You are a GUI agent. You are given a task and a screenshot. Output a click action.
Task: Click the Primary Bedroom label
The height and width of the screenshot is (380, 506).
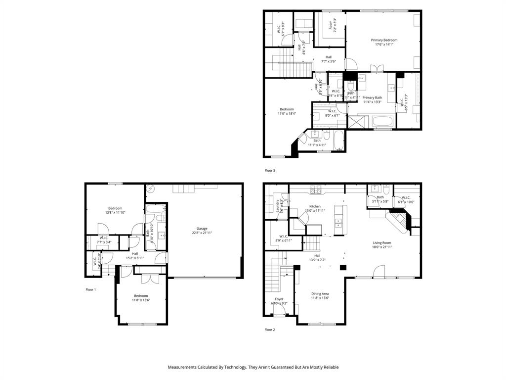coord(384,41)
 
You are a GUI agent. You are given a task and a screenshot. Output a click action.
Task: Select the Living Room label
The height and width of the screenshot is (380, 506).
coord(382,243)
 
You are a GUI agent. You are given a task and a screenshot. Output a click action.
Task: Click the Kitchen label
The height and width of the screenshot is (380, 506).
coord(315,206)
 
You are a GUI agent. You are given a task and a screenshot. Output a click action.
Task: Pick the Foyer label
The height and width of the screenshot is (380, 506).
coord(279,299)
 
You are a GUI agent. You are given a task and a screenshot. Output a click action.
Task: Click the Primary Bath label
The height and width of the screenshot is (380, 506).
coord(372,98)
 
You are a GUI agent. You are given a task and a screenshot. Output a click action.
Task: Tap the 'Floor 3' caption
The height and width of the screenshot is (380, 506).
coord(270,171)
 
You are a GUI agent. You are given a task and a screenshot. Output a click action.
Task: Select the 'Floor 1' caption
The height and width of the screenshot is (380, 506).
coord(90,289)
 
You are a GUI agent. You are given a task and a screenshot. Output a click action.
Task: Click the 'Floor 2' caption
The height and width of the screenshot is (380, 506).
coord(270,330)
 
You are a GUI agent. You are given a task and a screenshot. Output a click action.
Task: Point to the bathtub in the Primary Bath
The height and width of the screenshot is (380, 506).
coord(381,121)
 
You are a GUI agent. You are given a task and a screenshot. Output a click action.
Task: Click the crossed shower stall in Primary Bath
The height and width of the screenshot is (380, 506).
coord(355,122)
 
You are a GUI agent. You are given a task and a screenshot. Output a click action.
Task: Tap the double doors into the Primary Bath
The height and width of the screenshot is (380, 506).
coord(377,68)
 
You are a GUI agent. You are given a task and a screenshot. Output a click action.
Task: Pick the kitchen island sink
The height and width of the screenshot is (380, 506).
coord(338,222)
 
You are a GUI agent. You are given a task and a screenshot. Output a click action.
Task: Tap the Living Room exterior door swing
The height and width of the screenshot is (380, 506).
coord(379,271)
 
